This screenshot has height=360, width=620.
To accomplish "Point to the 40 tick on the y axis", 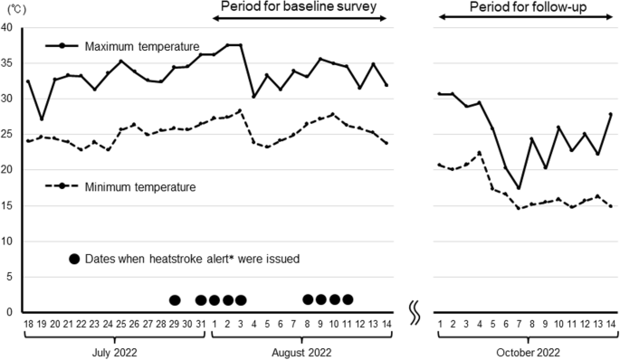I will coord(8,28).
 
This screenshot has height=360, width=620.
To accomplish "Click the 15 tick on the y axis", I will coord(8,205).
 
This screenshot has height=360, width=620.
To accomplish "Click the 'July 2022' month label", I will coord(113,350).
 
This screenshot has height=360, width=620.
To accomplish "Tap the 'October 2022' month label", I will coord(525,350).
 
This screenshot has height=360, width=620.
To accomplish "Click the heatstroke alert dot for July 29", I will coord(175,300).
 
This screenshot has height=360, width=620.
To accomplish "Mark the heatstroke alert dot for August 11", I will coord(348,299).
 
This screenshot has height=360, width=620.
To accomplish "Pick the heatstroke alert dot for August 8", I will coord(308,299).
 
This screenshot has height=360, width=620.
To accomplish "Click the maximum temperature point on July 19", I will coord(43,119).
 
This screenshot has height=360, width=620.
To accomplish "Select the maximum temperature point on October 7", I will coord(519,188).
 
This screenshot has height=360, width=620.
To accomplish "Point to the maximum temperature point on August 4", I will coord(254,97).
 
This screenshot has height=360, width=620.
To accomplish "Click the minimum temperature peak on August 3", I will coord(241,110).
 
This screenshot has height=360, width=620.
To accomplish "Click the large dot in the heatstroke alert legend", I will coord(74,259).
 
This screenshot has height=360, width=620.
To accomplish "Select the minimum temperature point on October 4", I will coord(480,153).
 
